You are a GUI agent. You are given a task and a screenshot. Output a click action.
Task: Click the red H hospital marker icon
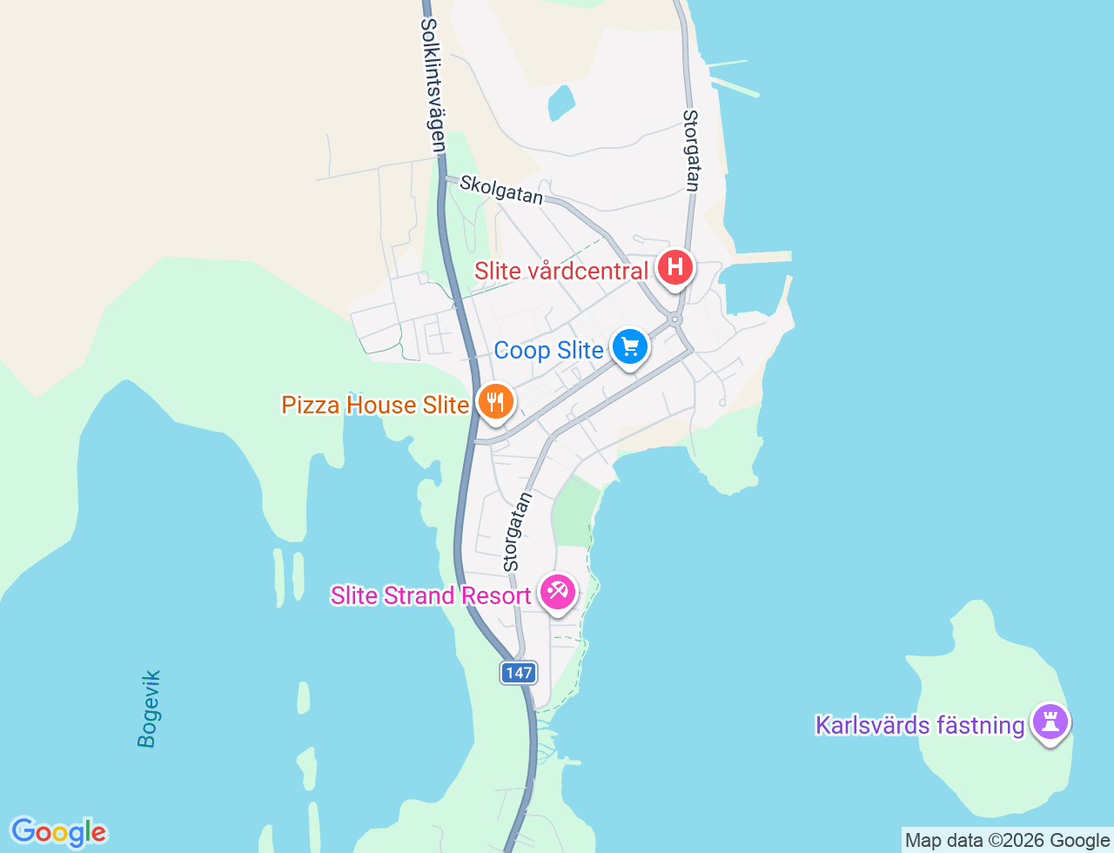click(675, 267)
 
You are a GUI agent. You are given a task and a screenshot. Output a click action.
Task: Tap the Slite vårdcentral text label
click(561, 271)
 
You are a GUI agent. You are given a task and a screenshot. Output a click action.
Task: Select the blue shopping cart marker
click(630, 347)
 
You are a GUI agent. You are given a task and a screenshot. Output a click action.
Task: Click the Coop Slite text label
click(548, 350)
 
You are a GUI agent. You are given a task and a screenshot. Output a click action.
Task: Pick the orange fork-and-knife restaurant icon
click(495, 402)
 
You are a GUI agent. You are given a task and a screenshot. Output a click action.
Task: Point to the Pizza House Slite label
click(375, 405)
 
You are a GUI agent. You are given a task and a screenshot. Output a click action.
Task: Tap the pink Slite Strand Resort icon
click(557, 593)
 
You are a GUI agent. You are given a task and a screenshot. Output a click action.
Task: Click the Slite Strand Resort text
click(431, 595)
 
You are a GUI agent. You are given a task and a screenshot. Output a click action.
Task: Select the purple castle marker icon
click(1050, 722)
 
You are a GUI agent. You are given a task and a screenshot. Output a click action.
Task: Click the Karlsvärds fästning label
click(920, 725)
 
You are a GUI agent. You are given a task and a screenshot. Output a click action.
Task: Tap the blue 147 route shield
click(518, 673)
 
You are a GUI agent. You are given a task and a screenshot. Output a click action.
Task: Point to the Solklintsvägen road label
click(433, 85)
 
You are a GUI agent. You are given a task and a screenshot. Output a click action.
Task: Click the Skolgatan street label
click(501, 189)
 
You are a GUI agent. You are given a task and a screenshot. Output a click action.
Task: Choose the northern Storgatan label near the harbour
click(692, 150)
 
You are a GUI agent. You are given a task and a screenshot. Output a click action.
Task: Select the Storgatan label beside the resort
click(517, 532)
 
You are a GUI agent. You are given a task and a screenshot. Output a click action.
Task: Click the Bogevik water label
click(149, 709)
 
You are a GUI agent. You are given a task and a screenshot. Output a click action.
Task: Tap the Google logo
click(58, 832)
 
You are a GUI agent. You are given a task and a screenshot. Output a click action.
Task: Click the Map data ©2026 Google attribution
click(1007, 840)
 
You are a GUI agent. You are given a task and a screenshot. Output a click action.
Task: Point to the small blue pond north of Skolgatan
click(561, 103)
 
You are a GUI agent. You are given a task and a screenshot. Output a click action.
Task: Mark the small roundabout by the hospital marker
click(676, 319)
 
